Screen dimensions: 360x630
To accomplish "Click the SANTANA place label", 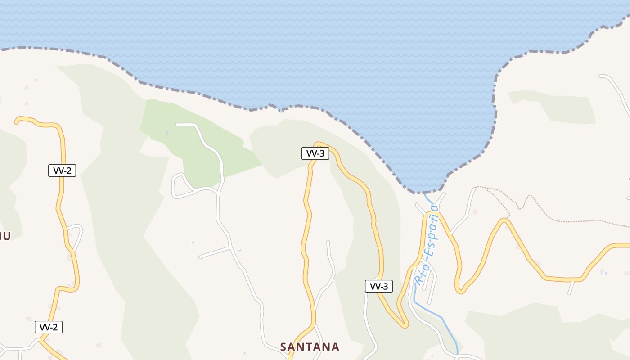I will pyautogui.click(x=310, y=346).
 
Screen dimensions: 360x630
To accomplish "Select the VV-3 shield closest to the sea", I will pyautogui.click(x=315, y=153).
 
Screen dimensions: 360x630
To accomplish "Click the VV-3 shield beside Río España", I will pyautogui.click(x=378, y=286).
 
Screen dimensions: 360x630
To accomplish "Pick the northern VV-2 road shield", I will pyautogui.click(x=62, y=171).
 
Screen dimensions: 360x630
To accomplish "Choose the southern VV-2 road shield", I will pyautogui.click(x=49, y=327).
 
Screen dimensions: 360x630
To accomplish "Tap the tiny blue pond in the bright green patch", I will pyautogui.click(x=166, y=133).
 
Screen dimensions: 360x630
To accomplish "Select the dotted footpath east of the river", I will pyautogui.click(x=562, y=220).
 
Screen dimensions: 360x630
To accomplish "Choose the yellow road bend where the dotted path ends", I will pyautogui.click(x=504, y=220).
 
